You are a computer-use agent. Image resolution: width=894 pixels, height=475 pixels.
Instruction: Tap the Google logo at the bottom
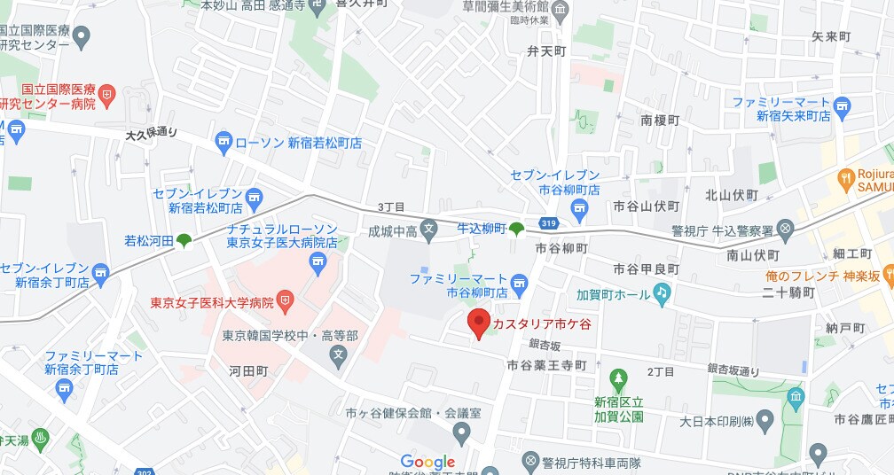pyautogui.click(x=427, y=462)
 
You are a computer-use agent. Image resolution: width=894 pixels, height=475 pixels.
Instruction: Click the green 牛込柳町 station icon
pyautogui.click(x=516, y=230)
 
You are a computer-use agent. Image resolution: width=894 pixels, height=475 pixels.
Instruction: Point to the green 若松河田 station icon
pyautogui.click(x=184, y=240)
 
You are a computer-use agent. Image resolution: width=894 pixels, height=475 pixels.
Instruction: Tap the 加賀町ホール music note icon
pyautogui.click(x=662, y=292)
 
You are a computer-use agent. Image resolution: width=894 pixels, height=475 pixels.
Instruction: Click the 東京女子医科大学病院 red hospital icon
pyautogui.click(x=286, y=301)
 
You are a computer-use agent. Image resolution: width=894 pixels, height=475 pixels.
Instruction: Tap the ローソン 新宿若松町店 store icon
pyautogui.click(x=223, y=142)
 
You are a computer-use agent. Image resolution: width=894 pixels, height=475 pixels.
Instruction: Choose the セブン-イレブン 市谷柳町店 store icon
pyautogui.click(x=581, y=210)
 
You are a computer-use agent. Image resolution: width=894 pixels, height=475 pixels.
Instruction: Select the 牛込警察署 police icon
pyautogui.click(x=785, y=230)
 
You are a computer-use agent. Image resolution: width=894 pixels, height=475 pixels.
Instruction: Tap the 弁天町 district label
pyautogui.click(x=545, y=51)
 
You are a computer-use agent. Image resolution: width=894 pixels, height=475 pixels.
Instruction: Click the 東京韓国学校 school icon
pyautogui.click(x=337, y=355)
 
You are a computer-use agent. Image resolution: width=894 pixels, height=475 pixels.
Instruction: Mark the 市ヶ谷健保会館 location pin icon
pyautogui.click(x=460, y=433)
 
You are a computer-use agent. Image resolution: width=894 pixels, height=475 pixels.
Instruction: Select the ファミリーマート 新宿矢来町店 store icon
pyautogui.click(x=842, y=108)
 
